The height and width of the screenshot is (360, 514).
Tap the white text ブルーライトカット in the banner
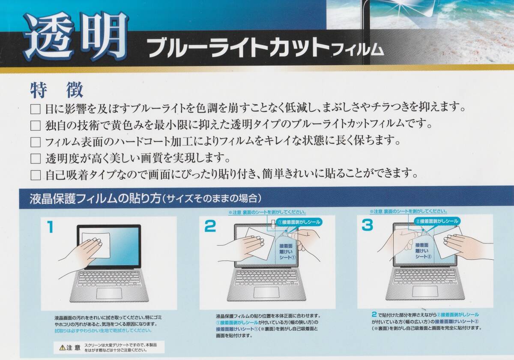tap(239, 47)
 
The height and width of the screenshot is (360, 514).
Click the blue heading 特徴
tap(57, 90)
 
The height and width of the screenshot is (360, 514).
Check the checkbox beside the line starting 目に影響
tap(36, 109)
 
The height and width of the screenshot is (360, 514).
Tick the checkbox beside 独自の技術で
tap(36, 126)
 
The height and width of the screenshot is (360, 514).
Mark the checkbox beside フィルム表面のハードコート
tap(36, 142)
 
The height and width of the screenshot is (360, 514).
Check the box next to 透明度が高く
tap(36, 159)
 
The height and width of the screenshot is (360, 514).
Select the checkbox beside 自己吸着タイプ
tap(36, 175)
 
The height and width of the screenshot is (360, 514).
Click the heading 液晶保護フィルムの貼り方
tap(95, 199)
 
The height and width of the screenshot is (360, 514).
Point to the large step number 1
tap(50, 227)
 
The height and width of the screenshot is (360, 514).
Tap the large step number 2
tap(210, 226)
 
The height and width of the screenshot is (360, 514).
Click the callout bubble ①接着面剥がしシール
tap(299, 222)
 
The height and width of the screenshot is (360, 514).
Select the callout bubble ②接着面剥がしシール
tap(437, 221)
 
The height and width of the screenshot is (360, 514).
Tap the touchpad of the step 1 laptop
tap(109, 293)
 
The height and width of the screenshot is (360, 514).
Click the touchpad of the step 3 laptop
tap(425, 291)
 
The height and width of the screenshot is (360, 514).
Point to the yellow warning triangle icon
tap(62, 348)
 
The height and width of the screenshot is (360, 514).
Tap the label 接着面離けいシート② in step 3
tap(422, 251)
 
